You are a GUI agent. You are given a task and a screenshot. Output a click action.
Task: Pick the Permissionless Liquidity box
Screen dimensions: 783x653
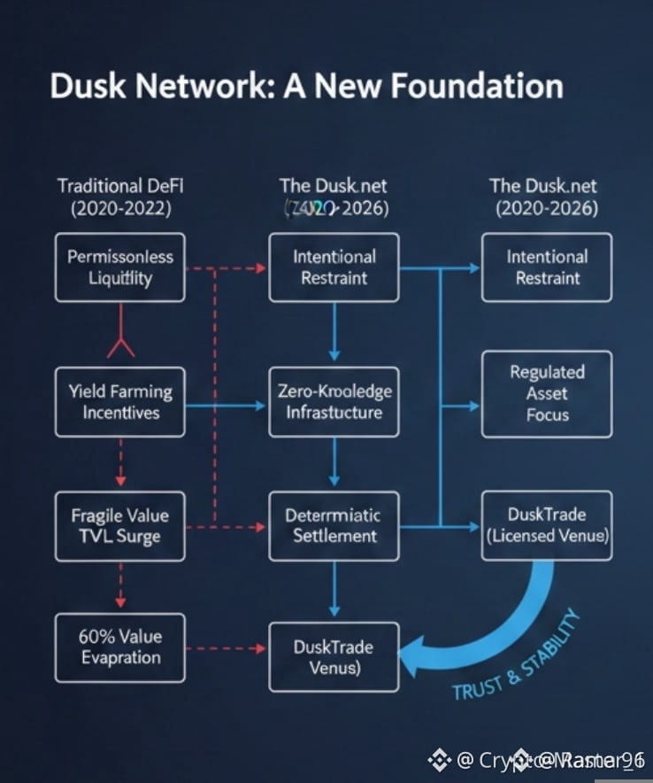[120, 267]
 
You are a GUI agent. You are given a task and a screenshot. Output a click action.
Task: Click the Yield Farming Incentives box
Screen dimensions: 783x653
[120, 402]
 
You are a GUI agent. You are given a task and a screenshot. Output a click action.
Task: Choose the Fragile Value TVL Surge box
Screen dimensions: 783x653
[120, 525]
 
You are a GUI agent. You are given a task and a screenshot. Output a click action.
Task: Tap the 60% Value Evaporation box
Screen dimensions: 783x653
[120, 647]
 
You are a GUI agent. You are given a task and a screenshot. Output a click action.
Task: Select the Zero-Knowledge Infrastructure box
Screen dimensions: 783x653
[334, 402]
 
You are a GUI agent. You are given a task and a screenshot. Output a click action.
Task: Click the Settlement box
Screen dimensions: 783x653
[334, 525]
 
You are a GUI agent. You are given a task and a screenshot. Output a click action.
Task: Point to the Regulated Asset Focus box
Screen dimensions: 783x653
[547, 393]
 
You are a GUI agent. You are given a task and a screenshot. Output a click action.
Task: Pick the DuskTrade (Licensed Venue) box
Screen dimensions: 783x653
[547, 525]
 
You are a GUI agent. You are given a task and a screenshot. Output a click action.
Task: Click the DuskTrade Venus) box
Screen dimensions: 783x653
[334, 656]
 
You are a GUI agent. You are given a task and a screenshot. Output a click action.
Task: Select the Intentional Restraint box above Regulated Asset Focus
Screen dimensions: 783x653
[547, 267]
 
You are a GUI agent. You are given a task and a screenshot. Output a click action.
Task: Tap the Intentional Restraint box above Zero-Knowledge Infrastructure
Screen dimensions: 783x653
[334, 267]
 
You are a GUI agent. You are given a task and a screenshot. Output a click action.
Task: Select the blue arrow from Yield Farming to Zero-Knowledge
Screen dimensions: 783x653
[227, 406]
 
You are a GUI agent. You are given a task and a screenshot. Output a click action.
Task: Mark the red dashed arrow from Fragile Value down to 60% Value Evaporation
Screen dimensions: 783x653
[120, 586]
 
